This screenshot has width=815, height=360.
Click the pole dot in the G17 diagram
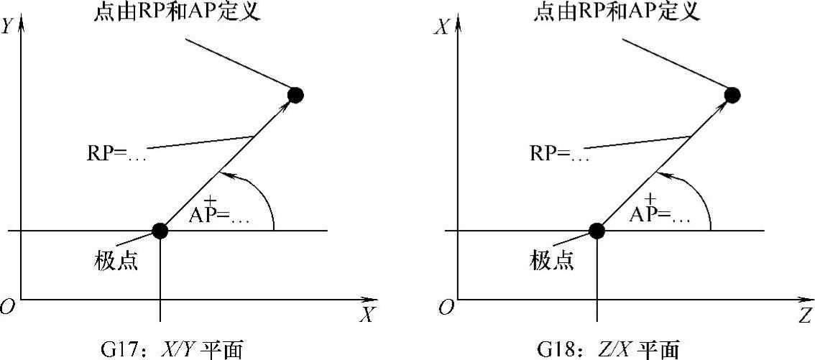point(160,231)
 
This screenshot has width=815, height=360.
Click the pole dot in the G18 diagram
point(597,231)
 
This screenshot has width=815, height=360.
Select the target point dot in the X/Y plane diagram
point(295,94)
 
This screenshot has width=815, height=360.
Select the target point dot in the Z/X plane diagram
point(732,94)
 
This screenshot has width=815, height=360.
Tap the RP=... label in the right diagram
point(559,154)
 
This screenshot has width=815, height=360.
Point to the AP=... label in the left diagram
point(219,216)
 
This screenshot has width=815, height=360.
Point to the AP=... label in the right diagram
point(656,216)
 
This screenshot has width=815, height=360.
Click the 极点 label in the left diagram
point(116,261)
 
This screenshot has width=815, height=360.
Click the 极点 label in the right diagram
point(552,261)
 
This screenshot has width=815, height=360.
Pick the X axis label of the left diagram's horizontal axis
point(367,315)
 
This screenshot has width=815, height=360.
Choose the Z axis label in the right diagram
point(804,315)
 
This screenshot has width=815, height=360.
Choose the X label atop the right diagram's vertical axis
point(444,26)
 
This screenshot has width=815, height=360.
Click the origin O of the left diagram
point(8,308)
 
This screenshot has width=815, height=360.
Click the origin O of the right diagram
point(446,308)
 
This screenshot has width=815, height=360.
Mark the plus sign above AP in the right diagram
point(650,199)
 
